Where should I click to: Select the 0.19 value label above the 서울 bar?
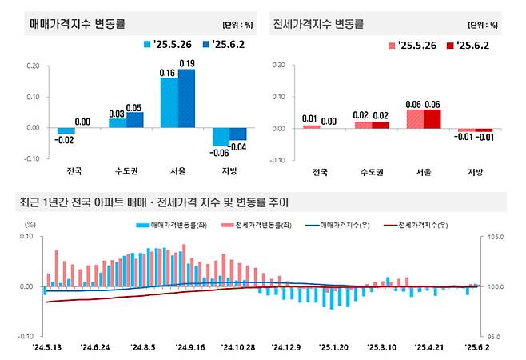pyautogui.click(x=187, y=63)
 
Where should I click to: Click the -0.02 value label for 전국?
pyautogui.click(x=66, y=139)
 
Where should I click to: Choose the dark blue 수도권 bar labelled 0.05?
pyautogui.click(x=135, y=119)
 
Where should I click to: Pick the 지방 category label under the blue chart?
pyautogui.click(x=229, y=171)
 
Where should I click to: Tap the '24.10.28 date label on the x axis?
pyautogui.click(x=237, y=347)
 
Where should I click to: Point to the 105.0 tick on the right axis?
pyautogui.click(x=496, y=238)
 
